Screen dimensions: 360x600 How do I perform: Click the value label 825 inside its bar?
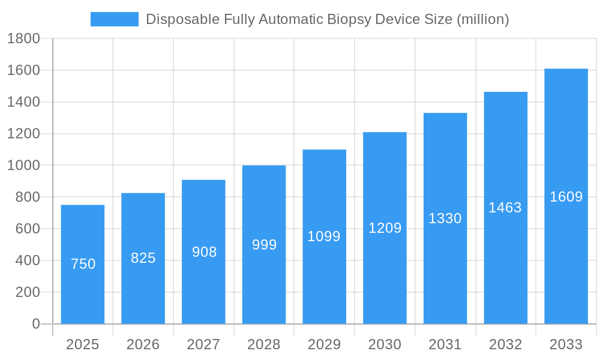143,258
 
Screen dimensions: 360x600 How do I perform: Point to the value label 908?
204,252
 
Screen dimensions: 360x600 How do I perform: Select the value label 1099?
324,236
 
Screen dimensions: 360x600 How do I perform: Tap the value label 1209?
385,228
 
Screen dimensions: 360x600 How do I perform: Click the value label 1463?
505,208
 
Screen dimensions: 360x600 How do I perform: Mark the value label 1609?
566,197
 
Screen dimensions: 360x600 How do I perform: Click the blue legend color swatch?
114,19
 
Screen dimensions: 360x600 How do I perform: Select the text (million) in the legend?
482,19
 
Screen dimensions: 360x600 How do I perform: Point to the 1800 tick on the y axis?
23,39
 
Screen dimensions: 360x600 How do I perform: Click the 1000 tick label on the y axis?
23,166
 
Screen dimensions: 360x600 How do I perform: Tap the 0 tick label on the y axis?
35,324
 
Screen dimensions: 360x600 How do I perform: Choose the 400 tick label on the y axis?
27,260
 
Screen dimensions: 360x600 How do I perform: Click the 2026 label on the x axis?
143,344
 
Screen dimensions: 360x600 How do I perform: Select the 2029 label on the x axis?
324,344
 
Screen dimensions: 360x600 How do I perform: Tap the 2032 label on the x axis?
505,344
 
